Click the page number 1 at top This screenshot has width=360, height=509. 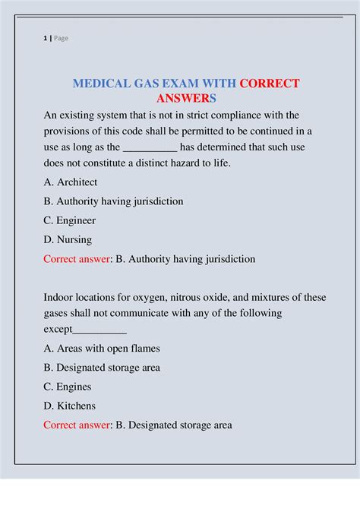click(46, 39)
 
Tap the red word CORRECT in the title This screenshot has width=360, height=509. click(270, 84)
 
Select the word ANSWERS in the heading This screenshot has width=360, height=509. click(187, 100)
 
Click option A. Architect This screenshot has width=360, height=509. click(71, 182)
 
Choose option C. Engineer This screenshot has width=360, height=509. click(70, 220)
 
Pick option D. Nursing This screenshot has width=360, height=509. click(68, 239)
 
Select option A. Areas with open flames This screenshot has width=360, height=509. click(102, 349)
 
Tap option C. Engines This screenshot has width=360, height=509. click(68, 387)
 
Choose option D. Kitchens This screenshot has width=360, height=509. click(69, 406)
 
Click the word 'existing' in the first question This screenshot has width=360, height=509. click(80, 115)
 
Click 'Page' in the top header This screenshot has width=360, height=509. click(61, 39)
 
